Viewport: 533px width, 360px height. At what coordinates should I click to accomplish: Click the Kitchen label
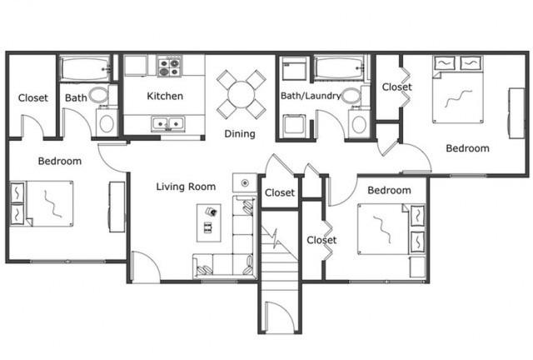[165, 97]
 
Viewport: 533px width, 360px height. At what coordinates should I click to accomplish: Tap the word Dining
[240, 134]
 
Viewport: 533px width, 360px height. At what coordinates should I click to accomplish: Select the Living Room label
[186, 187]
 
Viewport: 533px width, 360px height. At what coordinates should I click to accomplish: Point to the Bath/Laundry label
[311, 96]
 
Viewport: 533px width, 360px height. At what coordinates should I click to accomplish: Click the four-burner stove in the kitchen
[170, 66]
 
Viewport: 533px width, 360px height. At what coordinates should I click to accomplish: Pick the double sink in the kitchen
[168, 123]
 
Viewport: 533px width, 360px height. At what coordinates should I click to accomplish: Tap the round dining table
[242, 95]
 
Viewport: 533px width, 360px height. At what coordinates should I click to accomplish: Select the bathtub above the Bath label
[85, 68]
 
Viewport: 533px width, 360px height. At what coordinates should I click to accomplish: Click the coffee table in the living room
[209, 222]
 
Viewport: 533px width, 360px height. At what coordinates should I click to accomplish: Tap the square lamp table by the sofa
[244, 182]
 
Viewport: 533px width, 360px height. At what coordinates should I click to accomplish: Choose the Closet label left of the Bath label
[33, 98]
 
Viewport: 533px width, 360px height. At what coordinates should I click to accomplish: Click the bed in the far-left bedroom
[42, 203]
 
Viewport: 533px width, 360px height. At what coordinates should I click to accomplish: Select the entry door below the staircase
[280, 317]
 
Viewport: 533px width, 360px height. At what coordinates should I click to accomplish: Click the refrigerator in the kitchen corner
[136, 65]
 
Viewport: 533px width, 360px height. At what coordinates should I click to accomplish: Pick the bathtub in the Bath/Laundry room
[339, 68]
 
